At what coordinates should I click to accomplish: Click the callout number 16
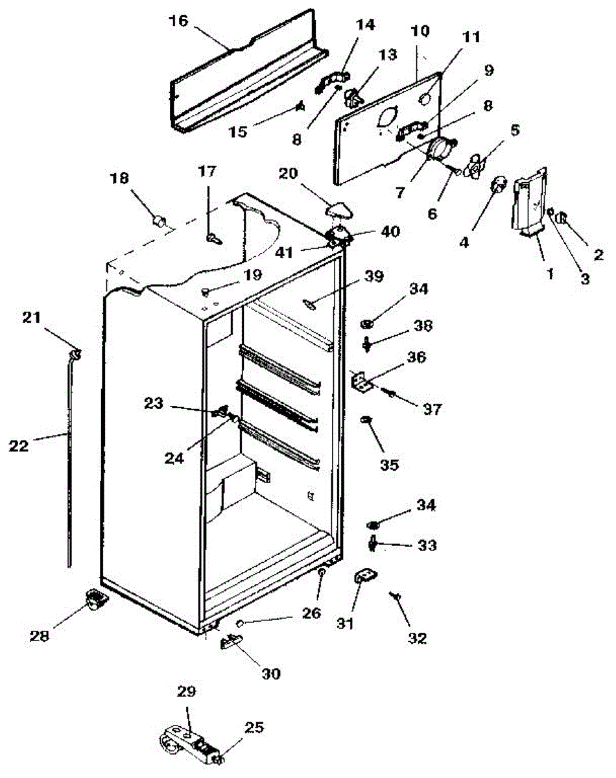(179, 21)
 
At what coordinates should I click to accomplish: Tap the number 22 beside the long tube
(19, 446)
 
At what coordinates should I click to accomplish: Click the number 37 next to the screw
(432, 409)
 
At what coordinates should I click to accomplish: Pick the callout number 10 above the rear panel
(420, 30)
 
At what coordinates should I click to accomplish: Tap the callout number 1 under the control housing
(550, 274)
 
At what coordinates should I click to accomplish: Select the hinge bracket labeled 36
(362, 381)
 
